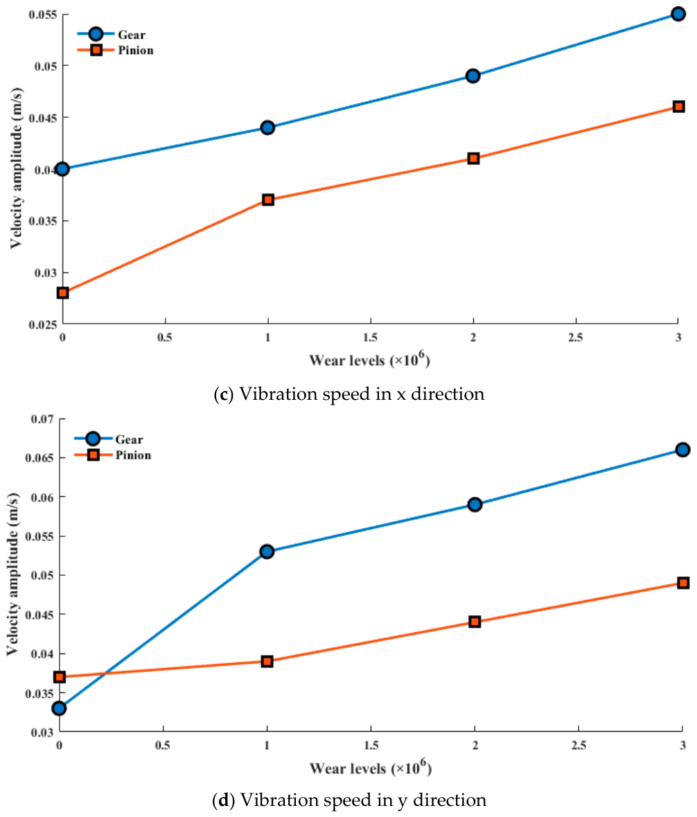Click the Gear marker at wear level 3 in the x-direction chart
[x=678, y=14]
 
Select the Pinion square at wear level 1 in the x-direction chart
[x=267, y=200]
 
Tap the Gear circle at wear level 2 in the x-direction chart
[x=473, y=76]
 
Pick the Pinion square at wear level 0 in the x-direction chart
[x=62, y=293]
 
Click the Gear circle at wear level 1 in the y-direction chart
[x=267, y=552]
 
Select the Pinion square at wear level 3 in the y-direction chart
[x=683, y=583]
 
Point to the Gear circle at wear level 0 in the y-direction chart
[x=60, y=708]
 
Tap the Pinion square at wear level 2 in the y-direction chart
[x=475, y=622]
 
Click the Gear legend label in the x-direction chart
[x=131, y=35]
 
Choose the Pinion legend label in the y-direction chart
[x=133, y=455]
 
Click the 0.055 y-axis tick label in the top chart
[x=42, y=14]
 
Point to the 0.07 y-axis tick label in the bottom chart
[x=42, y=419]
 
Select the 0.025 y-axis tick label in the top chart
[x=42, y=324]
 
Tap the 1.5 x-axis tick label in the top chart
[x=371, y=337]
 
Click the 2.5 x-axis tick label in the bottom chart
[x=579, y=746]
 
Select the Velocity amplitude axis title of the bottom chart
[x=12, y=574]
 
